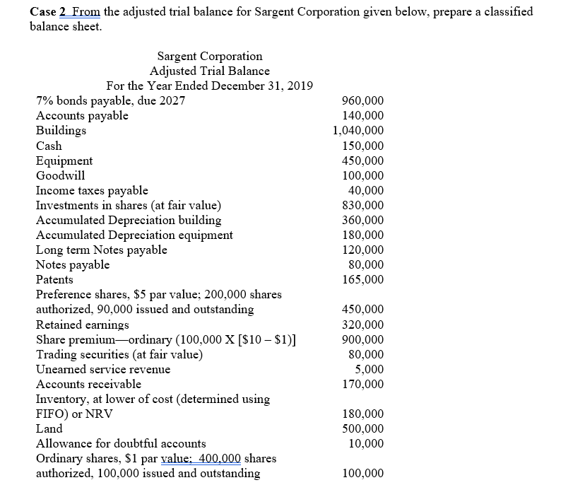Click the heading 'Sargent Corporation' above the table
(209, 56)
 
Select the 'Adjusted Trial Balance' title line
(209, 71)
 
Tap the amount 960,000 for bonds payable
(362, 100)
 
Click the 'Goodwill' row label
(61, 175)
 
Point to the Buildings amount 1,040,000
(358, 130)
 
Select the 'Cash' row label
(49, 146)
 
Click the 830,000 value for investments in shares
(362, 205)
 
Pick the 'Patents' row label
(54, 279)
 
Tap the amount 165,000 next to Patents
(362, 279)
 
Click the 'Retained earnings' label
(83, 325)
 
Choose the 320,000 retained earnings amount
(362, 325)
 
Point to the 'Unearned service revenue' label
(103, 368)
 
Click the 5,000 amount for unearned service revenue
(370, 368)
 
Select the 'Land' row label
(49, 428)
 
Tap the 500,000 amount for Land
(362, 428)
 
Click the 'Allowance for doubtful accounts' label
(121, 443)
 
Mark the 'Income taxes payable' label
(92, 190)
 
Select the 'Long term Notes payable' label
(102, 250)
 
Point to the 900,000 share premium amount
(362, 340)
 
